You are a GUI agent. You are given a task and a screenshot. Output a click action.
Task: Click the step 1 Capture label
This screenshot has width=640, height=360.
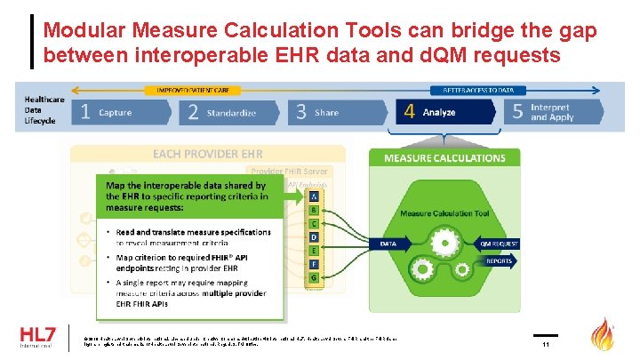[115, 113]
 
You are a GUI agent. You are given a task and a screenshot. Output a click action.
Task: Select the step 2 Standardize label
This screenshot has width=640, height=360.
[231, 113]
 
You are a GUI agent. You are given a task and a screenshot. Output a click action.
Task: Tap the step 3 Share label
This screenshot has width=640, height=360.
[326, 113]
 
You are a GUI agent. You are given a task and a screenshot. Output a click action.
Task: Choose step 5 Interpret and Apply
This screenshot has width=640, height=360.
[551, 113]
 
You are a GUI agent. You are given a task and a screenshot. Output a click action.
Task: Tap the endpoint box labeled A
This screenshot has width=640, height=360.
[313, 196]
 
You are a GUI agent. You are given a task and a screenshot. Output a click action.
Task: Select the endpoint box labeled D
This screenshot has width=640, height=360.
[313, 237]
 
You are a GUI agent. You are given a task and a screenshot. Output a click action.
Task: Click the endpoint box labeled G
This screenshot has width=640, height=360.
[313, 278]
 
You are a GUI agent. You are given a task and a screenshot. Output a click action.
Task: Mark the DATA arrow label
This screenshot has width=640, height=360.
[388, 243]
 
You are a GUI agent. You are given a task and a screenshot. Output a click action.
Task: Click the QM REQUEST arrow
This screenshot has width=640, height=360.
[499, 243]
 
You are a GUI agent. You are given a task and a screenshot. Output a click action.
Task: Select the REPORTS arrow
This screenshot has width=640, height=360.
[499, 262]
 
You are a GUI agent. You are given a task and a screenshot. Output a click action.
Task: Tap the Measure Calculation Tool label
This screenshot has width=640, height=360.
[444, 213]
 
